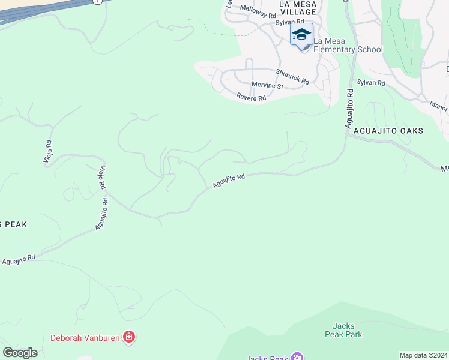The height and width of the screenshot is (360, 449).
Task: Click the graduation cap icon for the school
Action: [301, 35]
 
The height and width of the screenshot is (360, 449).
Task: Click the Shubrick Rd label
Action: [292, 76]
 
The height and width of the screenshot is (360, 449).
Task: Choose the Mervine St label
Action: [267, 85]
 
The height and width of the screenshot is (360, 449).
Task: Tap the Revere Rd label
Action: [251, 97]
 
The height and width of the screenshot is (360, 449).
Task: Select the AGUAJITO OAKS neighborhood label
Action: [388, 131]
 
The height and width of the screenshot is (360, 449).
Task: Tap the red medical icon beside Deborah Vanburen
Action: [128, 338]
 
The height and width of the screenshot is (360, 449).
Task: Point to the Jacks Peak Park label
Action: [343, 330]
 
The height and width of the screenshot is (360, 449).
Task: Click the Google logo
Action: [20, 352]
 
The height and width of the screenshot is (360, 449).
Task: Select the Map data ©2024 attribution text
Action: [423, 355]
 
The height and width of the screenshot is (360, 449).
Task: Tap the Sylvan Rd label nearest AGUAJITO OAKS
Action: [370, 82]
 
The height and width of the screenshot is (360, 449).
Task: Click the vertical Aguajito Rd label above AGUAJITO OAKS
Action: [349, 107]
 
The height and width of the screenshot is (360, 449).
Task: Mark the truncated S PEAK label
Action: [13, 224]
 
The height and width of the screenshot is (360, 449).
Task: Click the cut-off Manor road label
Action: [439, 106]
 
